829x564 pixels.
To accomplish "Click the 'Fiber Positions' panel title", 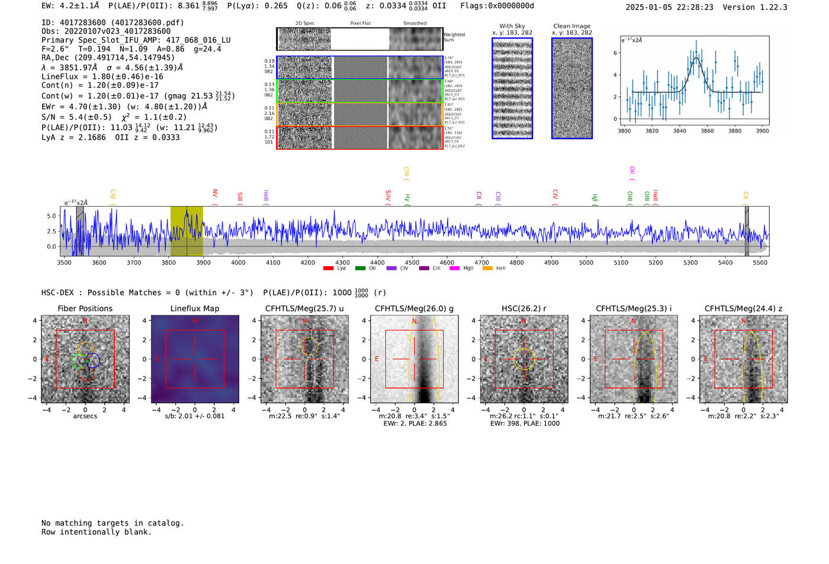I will coord(85,308).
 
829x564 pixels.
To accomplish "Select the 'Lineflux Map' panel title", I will coord(194,308).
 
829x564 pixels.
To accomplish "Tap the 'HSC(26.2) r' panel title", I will coord(523,308).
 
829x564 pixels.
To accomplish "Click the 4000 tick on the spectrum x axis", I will coord(238,263).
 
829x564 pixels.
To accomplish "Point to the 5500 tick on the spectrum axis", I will coord(760,263).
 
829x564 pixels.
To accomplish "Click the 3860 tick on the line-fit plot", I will coord(707,131).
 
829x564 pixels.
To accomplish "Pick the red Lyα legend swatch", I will coord(328,269).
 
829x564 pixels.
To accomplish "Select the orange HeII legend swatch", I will coord(487,269).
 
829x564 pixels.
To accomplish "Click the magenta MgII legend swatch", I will coord(454,269).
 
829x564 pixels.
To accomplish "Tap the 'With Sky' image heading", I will coord(512,26).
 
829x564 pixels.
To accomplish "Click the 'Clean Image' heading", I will coord(571,26).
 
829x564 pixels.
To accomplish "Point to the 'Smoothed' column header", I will coord(415,24).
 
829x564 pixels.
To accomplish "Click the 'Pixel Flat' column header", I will coord(360,24).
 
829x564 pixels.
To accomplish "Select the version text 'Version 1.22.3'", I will coord(755,7).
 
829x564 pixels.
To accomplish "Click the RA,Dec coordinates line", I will coord(108,58).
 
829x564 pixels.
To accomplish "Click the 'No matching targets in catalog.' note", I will coord(113,523).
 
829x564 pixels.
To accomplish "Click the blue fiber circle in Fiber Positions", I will coord(92,360).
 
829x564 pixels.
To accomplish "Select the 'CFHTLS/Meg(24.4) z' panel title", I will coord(743,308).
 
